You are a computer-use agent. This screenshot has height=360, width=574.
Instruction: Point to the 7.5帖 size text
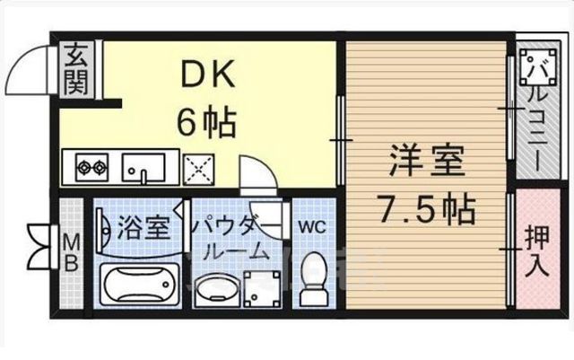[x=426, y=213]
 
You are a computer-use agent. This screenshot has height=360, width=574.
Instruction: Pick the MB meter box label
[x=71, y=253]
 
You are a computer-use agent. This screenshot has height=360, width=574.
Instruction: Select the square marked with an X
[x=197, y=167]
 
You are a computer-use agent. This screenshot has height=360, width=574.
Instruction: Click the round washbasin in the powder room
[x=215, y=291]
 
